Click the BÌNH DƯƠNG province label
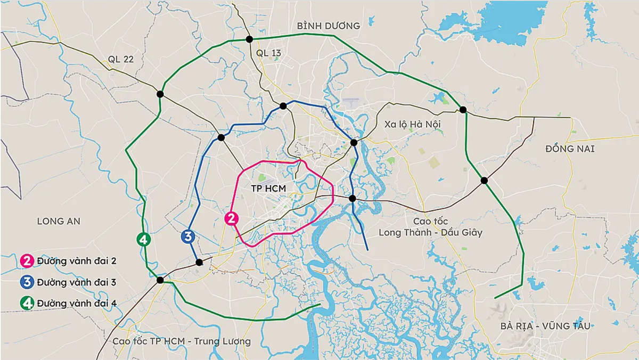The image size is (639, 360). (x=329, y=26)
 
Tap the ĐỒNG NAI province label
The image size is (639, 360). (x=569, y=149)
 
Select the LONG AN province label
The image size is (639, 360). (x=59, y=221)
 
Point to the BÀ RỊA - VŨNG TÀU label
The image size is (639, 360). (x=545, y=326)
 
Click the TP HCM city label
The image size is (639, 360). (x=268, y=189)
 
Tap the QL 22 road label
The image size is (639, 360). (x=120, y=59)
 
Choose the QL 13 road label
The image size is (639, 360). (x=268, y=52)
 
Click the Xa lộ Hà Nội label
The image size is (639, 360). (x=413, y=124)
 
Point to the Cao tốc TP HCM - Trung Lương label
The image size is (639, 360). (x=182, y=341)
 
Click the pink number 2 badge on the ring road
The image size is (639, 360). (x=232, y=218)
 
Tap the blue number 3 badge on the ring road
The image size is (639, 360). (x=187, y=236)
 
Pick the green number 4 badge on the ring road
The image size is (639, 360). (x=143, y=240)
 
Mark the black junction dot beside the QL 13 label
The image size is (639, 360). (x=249, y=39)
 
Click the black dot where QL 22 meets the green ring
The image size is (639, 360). (x=160, y=94)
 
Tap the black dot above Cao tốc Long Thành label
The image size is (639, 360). (x=352, y=198)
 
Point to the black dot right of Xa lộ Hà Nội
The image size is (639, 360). (x=463, y=110)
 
